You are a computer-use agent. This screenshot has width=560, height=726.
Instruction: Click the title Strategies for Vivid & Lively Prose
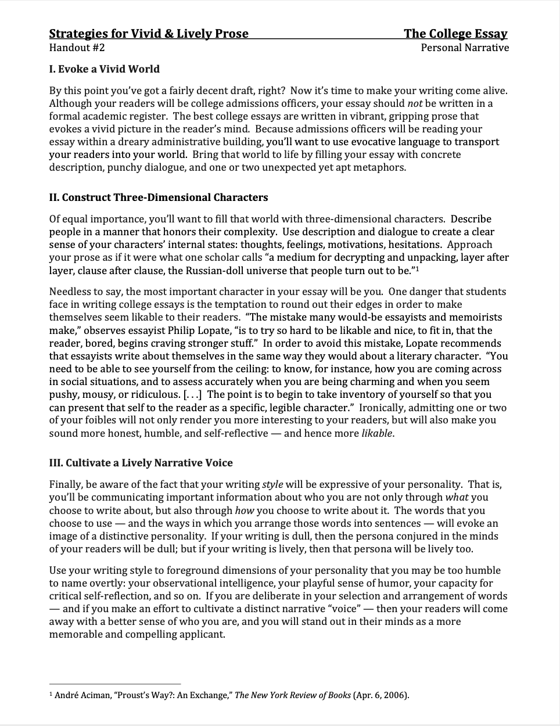pyautogui.click(x=149, y=34)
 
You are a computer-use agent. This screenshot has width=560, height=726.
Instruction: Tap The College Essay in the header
pyautogui.click(x=456, y=34)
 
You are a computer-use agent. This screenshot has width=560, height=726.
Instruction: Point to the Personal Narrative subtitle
pyautogui.click(x=465, y=48)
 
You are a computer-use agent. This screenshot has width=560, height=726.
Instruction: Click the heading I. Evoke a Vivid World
pyautogui.click(x=105, y=69)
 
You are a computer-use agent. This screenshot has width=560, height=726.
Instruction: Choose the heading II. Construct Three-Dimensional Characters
pyautogui.click(x=159, y=197)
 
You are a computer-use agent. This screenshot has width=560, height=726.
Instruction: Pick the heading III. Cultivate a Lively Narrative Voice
pyautogui.click(x=141, y=463)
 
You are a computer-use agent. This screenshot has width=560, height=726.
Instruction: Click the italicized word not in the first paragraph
pyautogui.click(x=415, y=103)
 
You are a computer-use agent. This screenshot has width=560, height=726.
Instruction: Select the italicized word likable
pyautogui.click(x=377, y=433)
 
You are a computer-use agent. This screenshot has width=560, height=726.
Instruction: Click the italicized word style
pyautogui.click(x=273, y=484)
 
